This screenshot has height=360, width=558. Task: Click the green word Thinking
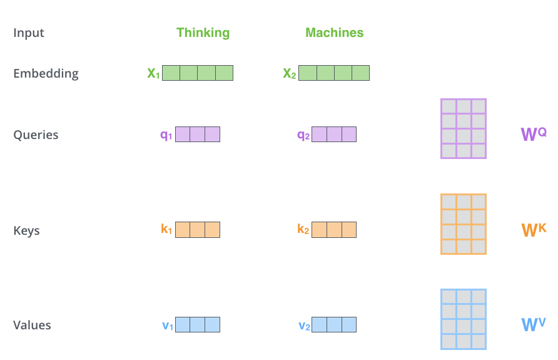pyautogui.click(x=203, y=33)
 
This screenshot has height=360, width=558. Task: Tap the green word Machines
pyautogui.click(x=334, y=33)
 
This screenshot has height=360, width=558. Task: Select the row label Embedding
pyautogui.click(x=46, y=73)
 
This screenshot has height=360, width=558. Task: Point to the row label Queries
pyautogui.click(x=36, y=135)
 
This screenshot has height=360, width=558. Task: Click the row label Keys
pyautogui.click(x=26, y=230)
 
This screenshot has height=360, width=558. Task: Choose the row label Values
pyautogui.click(x=32, y=325)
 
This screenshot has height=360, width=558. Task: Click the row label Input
pyautogui.click(x=29, y=33)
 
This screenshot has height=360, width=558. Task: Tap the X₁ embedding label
pyautogui.click(x=154, y=74)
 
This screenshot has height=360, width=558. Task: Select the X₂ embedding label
pyautogui.click(x=290, y=74)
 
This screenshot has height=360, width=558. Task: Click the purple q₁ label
pyautogui.click(x=166, y=135)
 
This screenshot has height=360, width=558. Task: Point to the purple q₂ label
pyautogui.click(x=303, y=135)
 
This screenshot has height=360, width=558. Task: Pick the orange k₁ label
pyautogui.click(x=166, y=230)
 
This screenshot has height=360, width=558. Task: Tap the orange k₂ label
pyautogui.click(x=303, y=230)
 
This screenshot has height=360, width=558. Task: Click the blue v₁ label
pyautogui.click(x=168, y=325)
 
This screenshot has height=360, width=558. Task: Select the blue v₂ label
pyautogui.click(x=305, y=325)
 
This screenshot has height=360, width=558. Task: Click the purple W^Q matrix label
pyautogui.click(x=533, y=133)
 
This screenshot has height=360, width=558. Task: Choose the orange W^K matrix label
pyautogui.click(x=533, y=229)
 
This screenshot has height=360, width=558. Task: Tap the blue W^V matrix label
pyautogui.click(x=533, y=324)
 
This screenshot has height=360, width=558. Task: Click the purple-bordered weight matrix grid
pyautogui.click(x=464, y=128)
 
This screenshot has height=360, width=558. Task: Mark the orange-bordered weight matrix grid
pyautogui.click(x=464, y=224)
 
